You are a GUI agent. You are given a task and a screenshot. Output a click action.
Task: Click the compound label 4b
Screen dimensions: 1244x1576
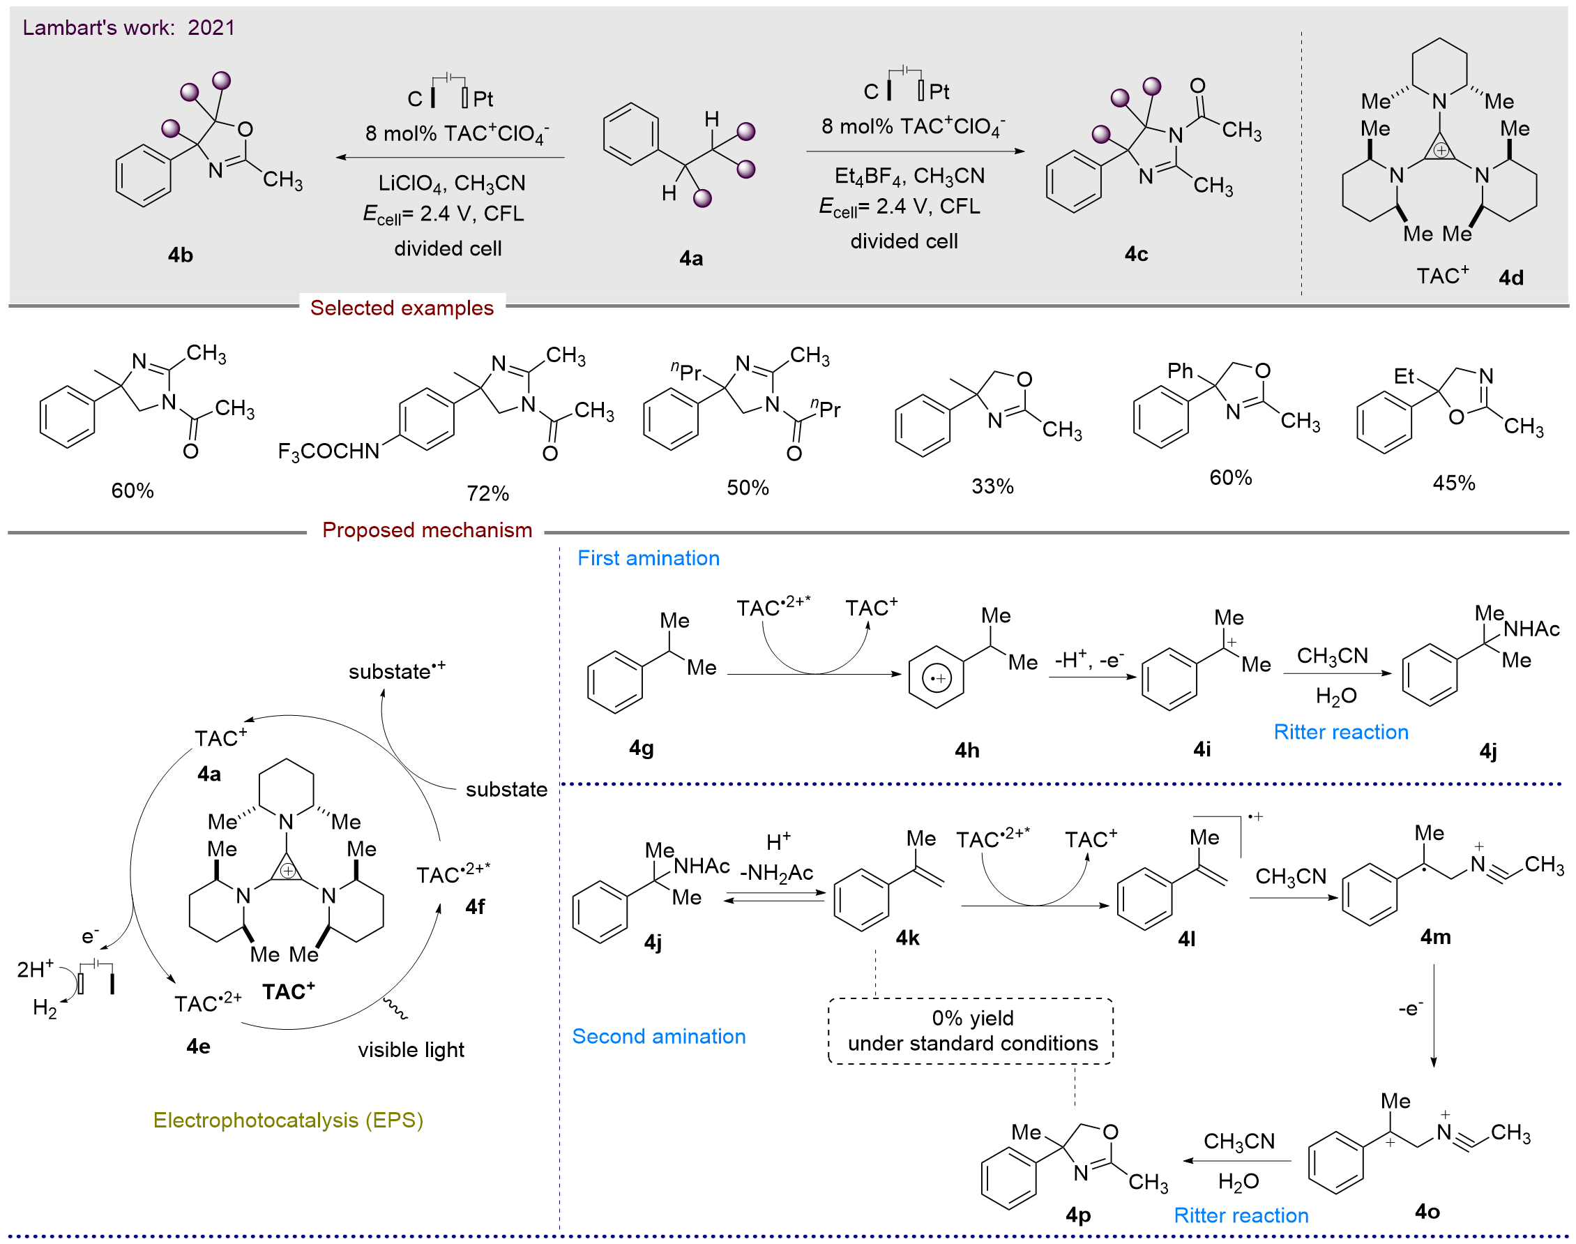coord(181,255)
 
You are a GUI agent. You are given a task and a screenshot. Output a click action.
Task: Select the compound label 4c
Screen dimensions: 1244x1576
coord(1135,253)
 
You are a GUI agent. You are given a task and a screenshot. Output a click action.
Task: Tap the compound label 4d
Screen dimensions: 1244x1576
coord(1510,278)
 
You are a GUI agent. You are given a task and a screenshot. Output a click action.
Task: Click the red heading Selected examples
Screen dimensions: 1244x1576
coord(402,308)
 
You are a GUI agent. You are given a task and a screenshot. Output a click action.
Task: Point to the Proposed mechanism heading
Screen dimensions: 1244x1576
coord(427,530)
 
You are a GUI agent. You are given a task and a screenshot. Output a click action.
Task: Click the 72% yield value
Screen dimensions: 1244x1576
coord(487,494)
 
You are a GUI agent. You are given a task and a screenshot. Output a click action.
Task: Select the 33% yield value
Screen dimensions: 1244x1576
coord(992,486)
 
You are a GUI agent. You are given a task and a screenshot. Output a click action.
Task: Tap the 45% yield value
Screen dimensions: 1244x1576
coord(1453,484)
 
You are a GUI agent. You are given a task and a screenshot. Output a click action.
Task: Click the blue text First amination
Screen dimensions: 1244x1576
coord(648,559)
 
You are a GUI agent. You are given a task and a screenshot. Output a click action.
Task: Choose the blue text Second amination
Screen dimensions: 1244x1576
coord(658,1036)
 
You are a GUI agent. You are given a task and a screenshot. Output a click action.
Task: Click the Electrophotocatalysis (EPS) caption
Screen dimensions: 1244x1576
coord(287,1121)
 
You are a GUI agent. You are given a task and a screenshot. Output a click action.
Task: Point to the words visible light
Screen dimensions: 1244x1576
coord(411,1049)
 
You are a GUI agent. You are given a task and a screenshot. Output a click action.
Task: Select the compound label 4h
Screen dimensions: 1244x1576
coord(967,750)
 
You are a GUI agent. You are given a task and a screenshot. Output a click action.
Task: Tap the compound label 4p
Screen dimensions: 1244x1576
coord(1078,1215)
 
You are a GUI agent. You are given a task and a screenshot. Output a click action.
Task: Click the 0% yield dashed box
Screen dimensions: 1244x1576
coord(971,1031)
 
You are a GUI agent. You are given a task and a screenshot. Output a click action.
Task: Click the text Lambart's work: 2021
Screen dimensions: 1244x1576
coord(129,28)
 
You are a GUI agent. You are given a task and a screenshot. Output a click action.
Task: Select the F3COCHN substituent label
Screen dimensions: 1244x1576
coord(328,451)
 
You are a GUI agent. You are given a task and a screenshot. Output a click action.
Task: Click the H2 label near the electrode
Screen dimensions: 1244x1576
coord(45,1009)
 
